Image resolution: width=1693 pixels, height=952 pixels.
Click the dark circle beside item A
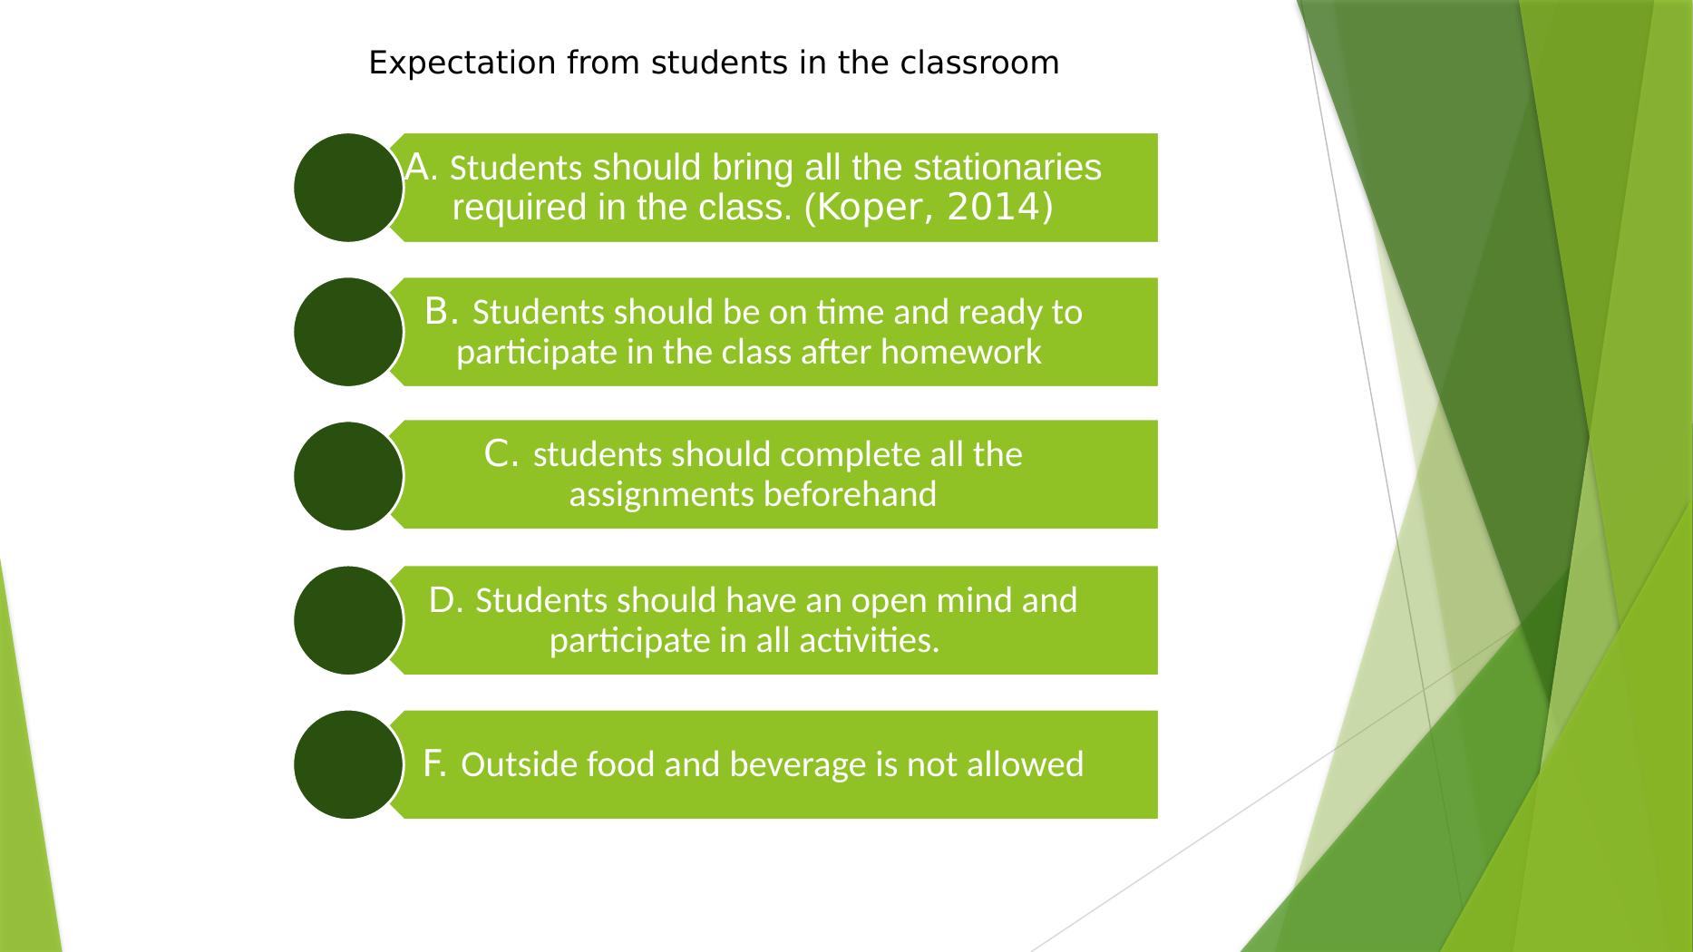click(x=349, y=188)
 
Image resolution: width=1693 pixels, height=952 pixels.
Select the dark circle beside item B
click(x=349, y=332)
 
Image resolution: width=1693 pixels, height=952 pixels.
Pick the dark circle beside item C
click(x=349, y=476)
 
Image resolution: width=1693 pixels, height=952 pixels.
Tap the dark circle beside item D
click(x=349, y=620)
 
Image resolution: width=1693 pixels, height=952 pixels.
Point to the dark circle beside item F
click(x=349, y=764)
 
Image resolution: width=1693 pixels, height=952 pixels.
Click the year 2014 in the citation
click(x=995, y=209)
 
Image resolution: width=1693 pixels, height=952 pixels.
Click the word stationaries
click(x=1007, y=168)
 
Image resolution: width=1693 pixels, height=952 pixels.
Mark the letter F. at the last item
click(x=435, y=763)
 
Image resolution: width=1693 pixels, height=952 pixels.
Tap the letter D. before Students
click(x=446, y=599)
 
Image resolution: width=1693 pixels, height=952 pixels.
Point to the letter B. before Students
click(x=442, y=311)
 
